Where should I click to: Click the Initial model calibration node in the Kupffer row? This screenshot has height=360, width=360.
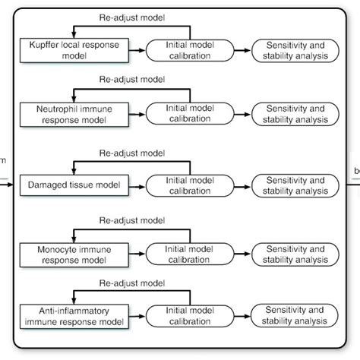(x=191, y=50)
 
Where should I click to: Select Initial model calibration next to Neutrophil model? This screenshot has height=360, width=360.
(x=191, y=115)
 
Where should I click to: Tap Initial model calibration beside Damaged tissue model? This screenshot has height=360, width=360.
(x=191, y=185)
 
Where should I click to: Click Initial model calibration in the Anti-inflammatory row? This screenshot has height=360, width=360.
(x=191, y=314)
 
